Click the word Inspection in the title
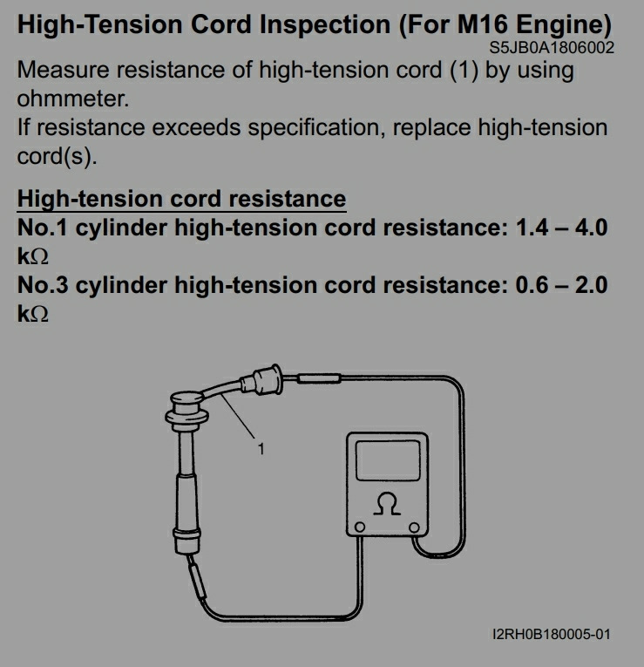[325, 25]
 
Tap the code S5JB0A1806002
[552, 48]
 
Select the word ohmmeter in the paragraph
[72, 99]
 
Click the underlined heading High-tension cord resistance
[181, 200]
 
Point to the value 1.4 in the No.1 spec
[532, 228]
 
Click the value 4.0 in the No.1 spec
[592, 228]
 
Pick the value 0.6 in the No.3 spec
[532, 285]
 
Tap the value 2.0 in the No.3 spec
[592, 285]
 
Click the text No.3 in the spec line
[43, 285]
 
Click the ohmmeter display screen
[388, 460]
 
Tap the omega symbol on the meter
[387, 504]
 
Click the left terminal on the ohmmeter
[360, 527]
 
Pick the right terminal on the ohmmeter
[414, 527]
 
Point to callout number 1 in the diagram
[261, 449]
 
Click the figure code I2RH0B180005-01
[552, 634]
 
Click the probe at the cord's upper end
[319, 378]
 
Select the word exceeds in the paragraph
[196, 127]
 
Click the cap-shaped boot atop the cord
[186, 407]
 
